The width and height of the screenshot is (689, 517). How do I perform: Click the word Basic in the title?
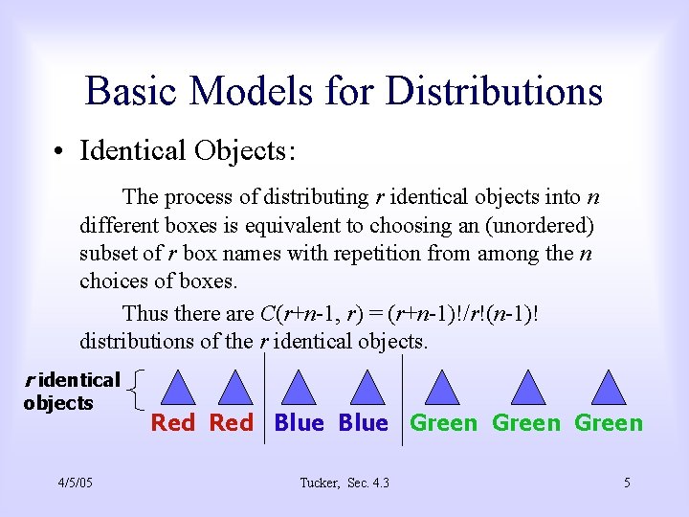tap(133, 92)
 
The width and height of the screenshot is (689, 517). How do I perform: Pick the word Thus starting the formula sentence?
tap(144, 313)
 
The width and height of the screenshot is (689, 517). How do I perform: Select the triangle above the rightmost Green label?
tap(609, 387)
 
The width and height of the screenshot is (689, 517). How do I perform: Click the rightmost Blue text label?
tap(364, 423)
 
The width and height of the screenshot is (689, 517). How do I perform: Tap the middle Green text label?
tap(525, 423)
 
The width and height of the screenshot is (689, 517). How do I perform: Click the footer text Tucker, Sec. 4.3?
tap(344, 483)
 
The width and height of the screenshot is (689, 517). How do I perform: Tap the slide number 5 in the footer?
tap(627, 483)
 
